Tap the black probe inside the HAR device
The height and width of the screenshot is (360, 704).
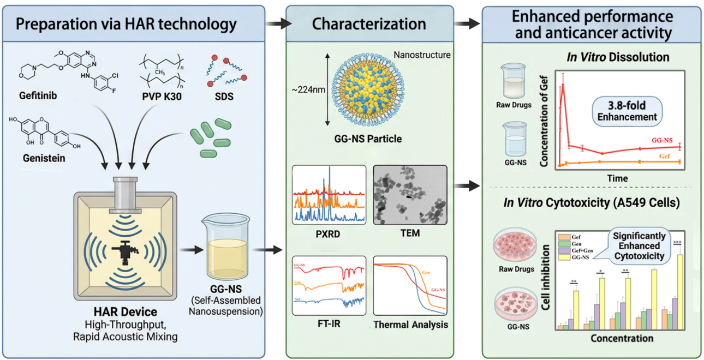click(125, 252)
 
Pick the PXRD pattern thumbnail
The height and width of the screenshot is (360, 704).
click(329, 195)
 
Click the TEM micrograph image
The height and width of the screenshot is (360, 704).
click(410, 195)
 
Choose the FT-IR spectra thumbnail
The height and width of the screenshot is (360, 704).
click(329, 285)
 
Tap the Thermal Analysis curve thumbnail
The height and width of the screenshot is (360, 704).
click(410, 285)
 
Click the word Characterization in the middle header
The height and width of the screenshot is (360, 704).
click(369, 23)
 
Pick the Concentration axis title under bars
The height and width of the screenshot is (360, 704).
click(622, 338)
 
